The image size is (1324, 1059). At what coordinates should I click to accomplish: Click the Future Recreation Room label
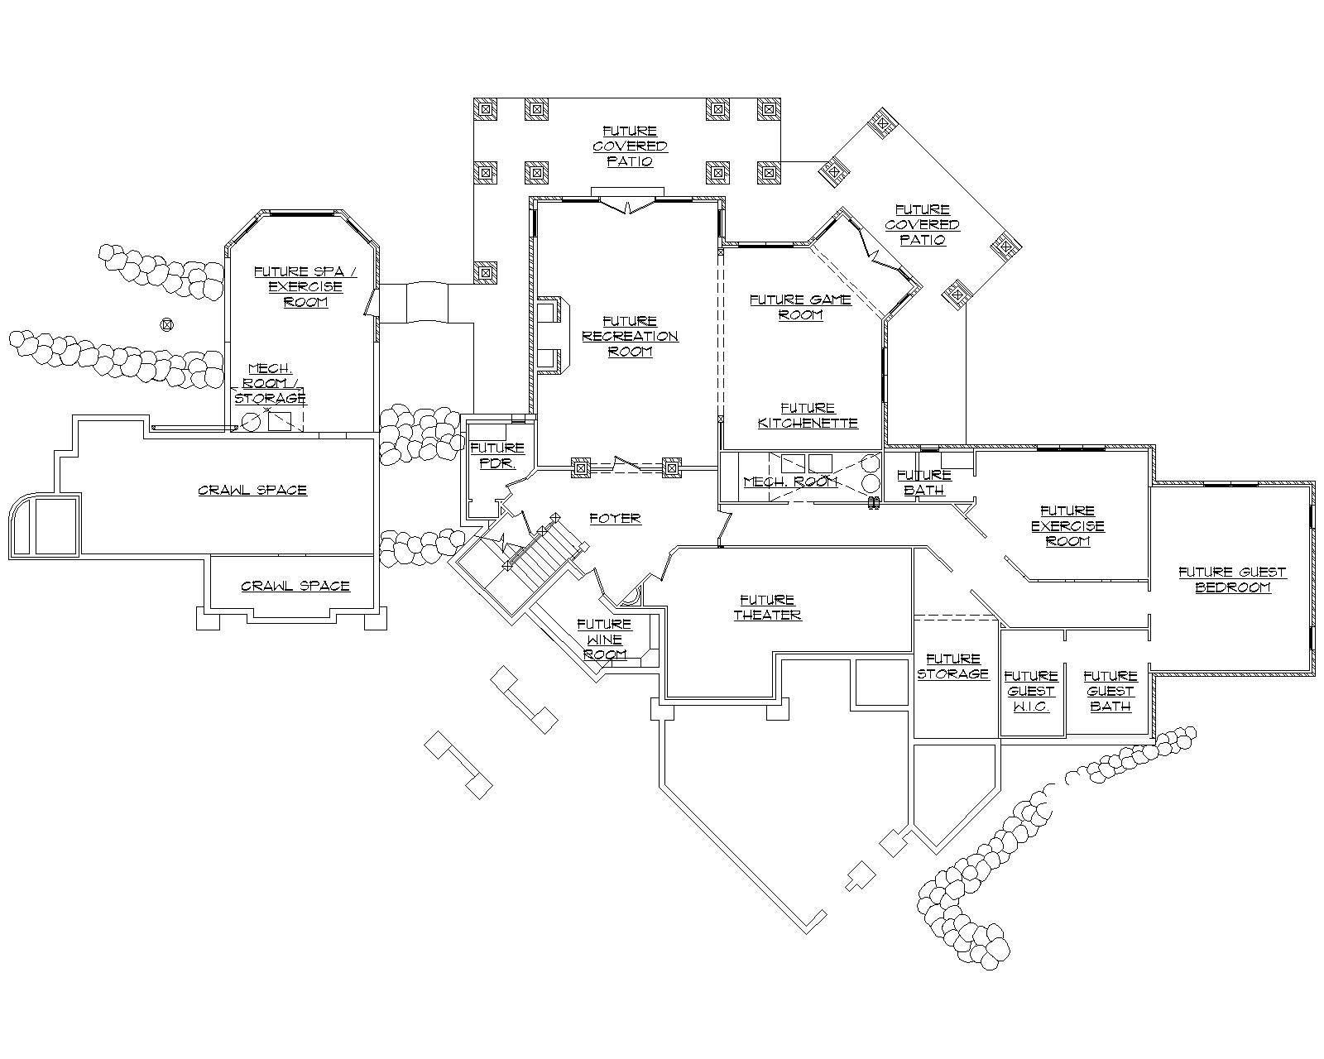[x=630, y=336]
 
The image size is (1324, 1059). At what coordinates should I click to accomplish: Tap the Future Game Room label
[x=800, y=307]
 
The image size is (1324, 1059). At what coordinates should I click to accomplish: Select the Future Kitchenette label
[x=808, y=415]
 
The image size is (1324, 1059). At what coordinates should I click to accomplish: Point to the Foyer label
[x=615, y=519]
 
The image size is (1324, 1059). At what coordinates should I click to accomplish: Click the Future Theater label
[x=767, y=607]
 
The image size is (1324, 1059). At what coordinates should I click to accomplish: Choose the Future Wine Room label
[x=605, y=639]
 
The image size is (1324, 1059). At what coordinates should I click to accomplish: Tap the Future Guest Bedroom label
[x=1232, y=579]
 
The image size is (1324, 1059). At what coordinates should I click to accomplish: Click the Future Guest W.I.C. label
[x=1031, y=692]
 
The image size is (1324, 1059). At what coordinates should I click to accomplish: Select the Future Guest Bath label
[x=1110, y=692]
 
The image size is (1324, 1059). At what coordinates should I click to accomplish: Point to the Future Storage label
[x=953, y=666]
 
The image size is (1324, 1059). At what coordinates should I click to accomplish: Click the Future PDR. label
[x=496, y=456]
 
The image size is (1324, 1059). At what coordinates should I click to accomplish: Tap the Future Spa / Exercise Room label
[x=305, y=286]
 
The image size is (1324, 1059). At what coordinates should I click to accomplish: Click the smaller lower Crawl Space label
[x=295, y=586]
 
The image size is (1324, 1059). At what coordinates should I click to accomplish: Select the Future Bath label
[x=923, y=482]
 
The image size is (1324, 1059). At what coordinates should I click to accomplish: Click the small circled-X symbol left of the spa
[x=167, y=324]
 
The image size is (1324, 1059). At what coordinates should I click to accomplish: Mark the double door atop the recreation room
[x=627, y=203]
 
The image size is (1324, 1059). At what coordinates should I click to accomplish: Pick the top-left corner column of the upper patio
[x=485, y=108]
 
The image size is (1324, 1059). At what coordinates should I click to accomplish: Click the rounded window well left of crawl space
[x=44, y=525]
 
